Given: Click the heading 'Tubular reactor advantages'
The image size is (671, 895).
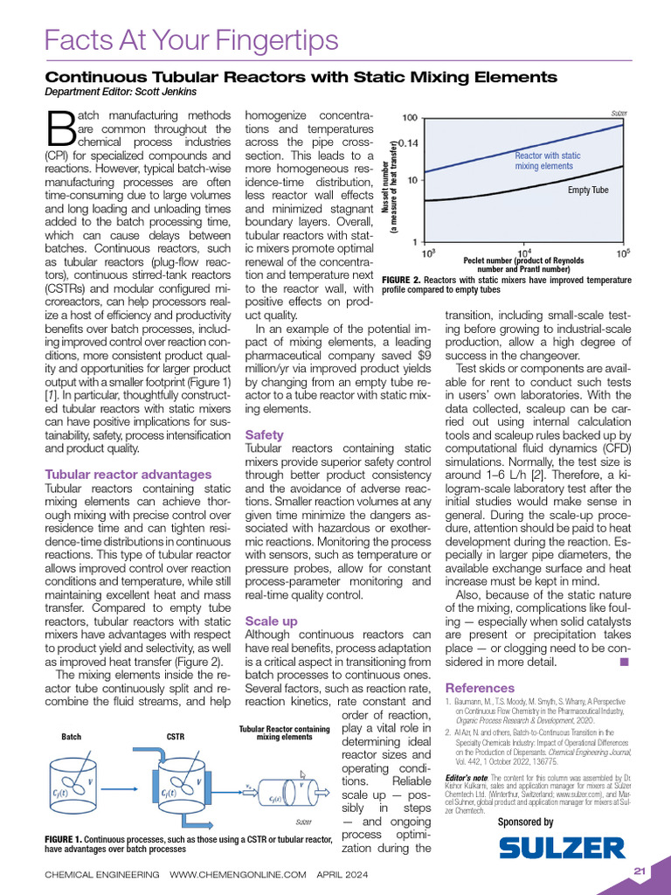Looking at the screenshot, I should pos(128,475).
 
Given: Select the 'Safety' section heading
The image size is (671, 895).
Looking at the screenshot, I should pos(264,434).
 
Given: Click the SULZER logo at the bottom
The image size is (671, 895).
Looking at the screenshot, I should pos(562,847).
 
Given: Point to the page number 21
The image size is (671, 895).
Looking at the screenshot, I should pos(640,871).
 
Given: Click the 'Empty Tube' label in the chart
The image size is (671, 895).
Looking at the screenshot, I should pos(588,189).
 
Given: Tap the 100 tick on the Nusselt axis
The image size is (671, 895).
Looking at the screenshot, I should pos(408,118).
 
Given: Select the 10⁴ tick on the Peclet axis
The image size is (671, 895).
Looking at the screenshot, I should pos(527,253).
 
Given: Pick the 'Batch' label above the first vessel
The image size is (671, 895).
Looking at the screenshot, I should pos(71,737).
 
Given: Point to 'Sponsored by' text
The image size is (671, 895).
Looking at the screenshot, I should pos(525,822).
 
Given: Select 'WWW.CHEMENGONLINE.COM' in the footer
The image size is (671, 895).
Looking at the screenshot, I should pos(238,874).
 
